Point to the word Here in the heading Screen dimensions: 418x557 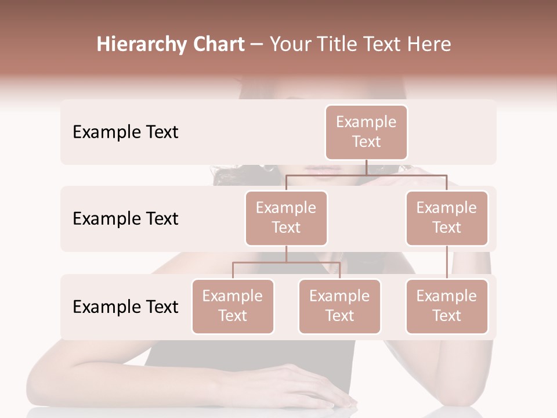click(x=430, y=45)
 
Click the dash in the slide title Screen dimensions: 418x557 click(x=257, y=45)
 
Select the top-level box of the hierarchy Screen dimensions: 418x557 click(x=366, y=132)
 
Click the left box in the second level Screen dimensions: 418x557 click(x=286, y=218)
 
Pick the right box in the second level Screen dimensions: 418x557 click(x=447, y=218)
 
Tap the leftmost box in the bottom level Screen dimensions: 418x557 click(x=233, y=306)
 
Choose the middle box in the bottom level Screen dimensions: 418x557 click(x=339, y=306)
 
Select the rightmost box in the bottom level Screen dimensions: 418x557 click(x=447, y=306)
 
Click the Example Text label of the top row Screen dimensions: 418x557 click(x=125, y=132)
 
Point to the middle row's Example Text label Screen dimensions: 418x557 click(x=125, y=219)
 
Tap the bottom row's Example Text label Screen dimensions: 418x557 click(x=125, y=307)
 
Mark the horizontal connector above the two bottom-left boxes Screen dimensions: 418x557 click(x=286, y=262)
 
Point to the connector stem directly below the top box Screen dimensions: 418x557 click(x=366, y=167)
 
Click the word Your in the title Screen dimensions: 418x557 click(x=290, y=45)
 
